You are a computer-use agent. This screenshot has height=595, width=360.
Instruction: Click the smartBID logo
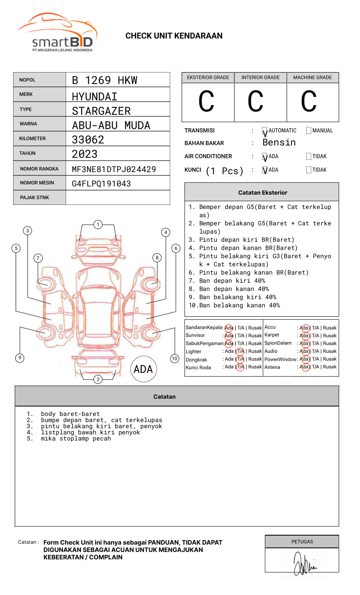pos(57,33)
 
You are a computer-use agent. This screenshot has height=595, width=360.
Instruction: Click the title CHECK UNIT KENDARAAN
pos(174,36)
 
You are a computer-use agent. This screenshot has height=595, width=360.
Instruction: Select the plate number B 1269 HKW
pos(105,80)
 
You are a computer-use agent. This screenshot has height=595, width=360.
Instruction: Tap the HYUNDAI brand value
pos(95,97)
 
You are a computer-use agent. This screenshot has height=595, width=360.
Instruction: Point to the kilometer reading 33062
pos(88,140)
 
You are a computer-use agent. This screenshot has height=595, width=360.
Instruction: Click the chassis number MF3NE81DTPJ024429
pos(114,169)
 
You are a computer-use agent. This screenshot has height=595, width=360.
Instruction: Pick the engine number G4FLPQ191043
pos(101,184)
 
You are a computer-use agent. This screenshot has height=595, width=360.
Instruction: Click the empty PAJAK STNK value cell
pos(118,198)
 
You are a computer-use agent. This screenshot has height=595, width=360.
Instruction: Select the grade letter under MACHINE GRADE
pos(309,101)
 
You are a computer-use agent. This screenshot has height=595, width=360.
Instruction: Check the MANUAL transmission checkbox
pos(309,131)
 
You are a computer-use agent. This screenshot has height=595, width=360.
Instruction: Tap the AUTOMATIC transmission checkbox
pos(265,131)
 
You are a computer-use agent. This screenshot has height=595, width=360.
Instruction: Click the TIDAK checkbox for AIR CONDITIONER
pos(309,157)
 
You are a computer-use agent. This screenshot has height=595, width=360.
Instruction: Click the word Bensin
pos(279,143)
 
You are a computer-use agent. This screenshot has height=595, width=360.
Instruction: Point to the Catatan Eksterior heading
pos(262,193)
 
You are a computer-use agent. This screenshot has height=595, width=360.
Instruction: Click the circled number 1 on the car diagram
pos(98,225)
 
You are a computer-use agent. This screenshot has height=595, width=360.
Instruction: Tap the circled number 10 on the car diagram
pos(175,359)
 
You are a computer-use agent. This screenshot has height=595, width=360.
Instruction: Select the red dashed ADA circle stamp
pos(144,369)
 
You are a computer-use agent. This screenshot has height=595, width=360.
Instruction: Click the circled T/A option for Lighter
pos(240,352)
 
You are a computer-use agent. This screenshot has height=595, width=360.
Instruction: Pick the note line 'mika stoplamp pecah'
pos(76,439)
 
